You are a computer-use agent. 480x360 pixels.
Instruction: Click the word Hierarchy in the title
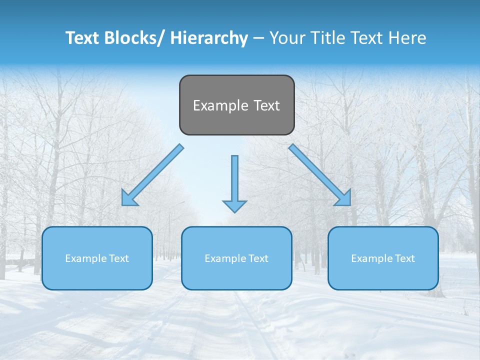click(209, 38)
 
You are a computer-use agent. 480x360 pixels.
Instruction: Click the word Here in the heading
click(405, 38)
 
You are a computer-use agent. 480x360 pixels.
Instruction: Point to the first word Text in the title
click(82, 38)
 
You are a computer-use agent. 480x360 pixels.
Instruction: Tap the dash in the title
click(258, 38)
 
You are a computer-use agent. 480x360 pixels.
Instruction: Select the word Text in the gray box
click(266, 105)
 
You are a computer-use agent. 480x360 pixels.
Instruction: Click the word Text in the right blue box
click(405, 258)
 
